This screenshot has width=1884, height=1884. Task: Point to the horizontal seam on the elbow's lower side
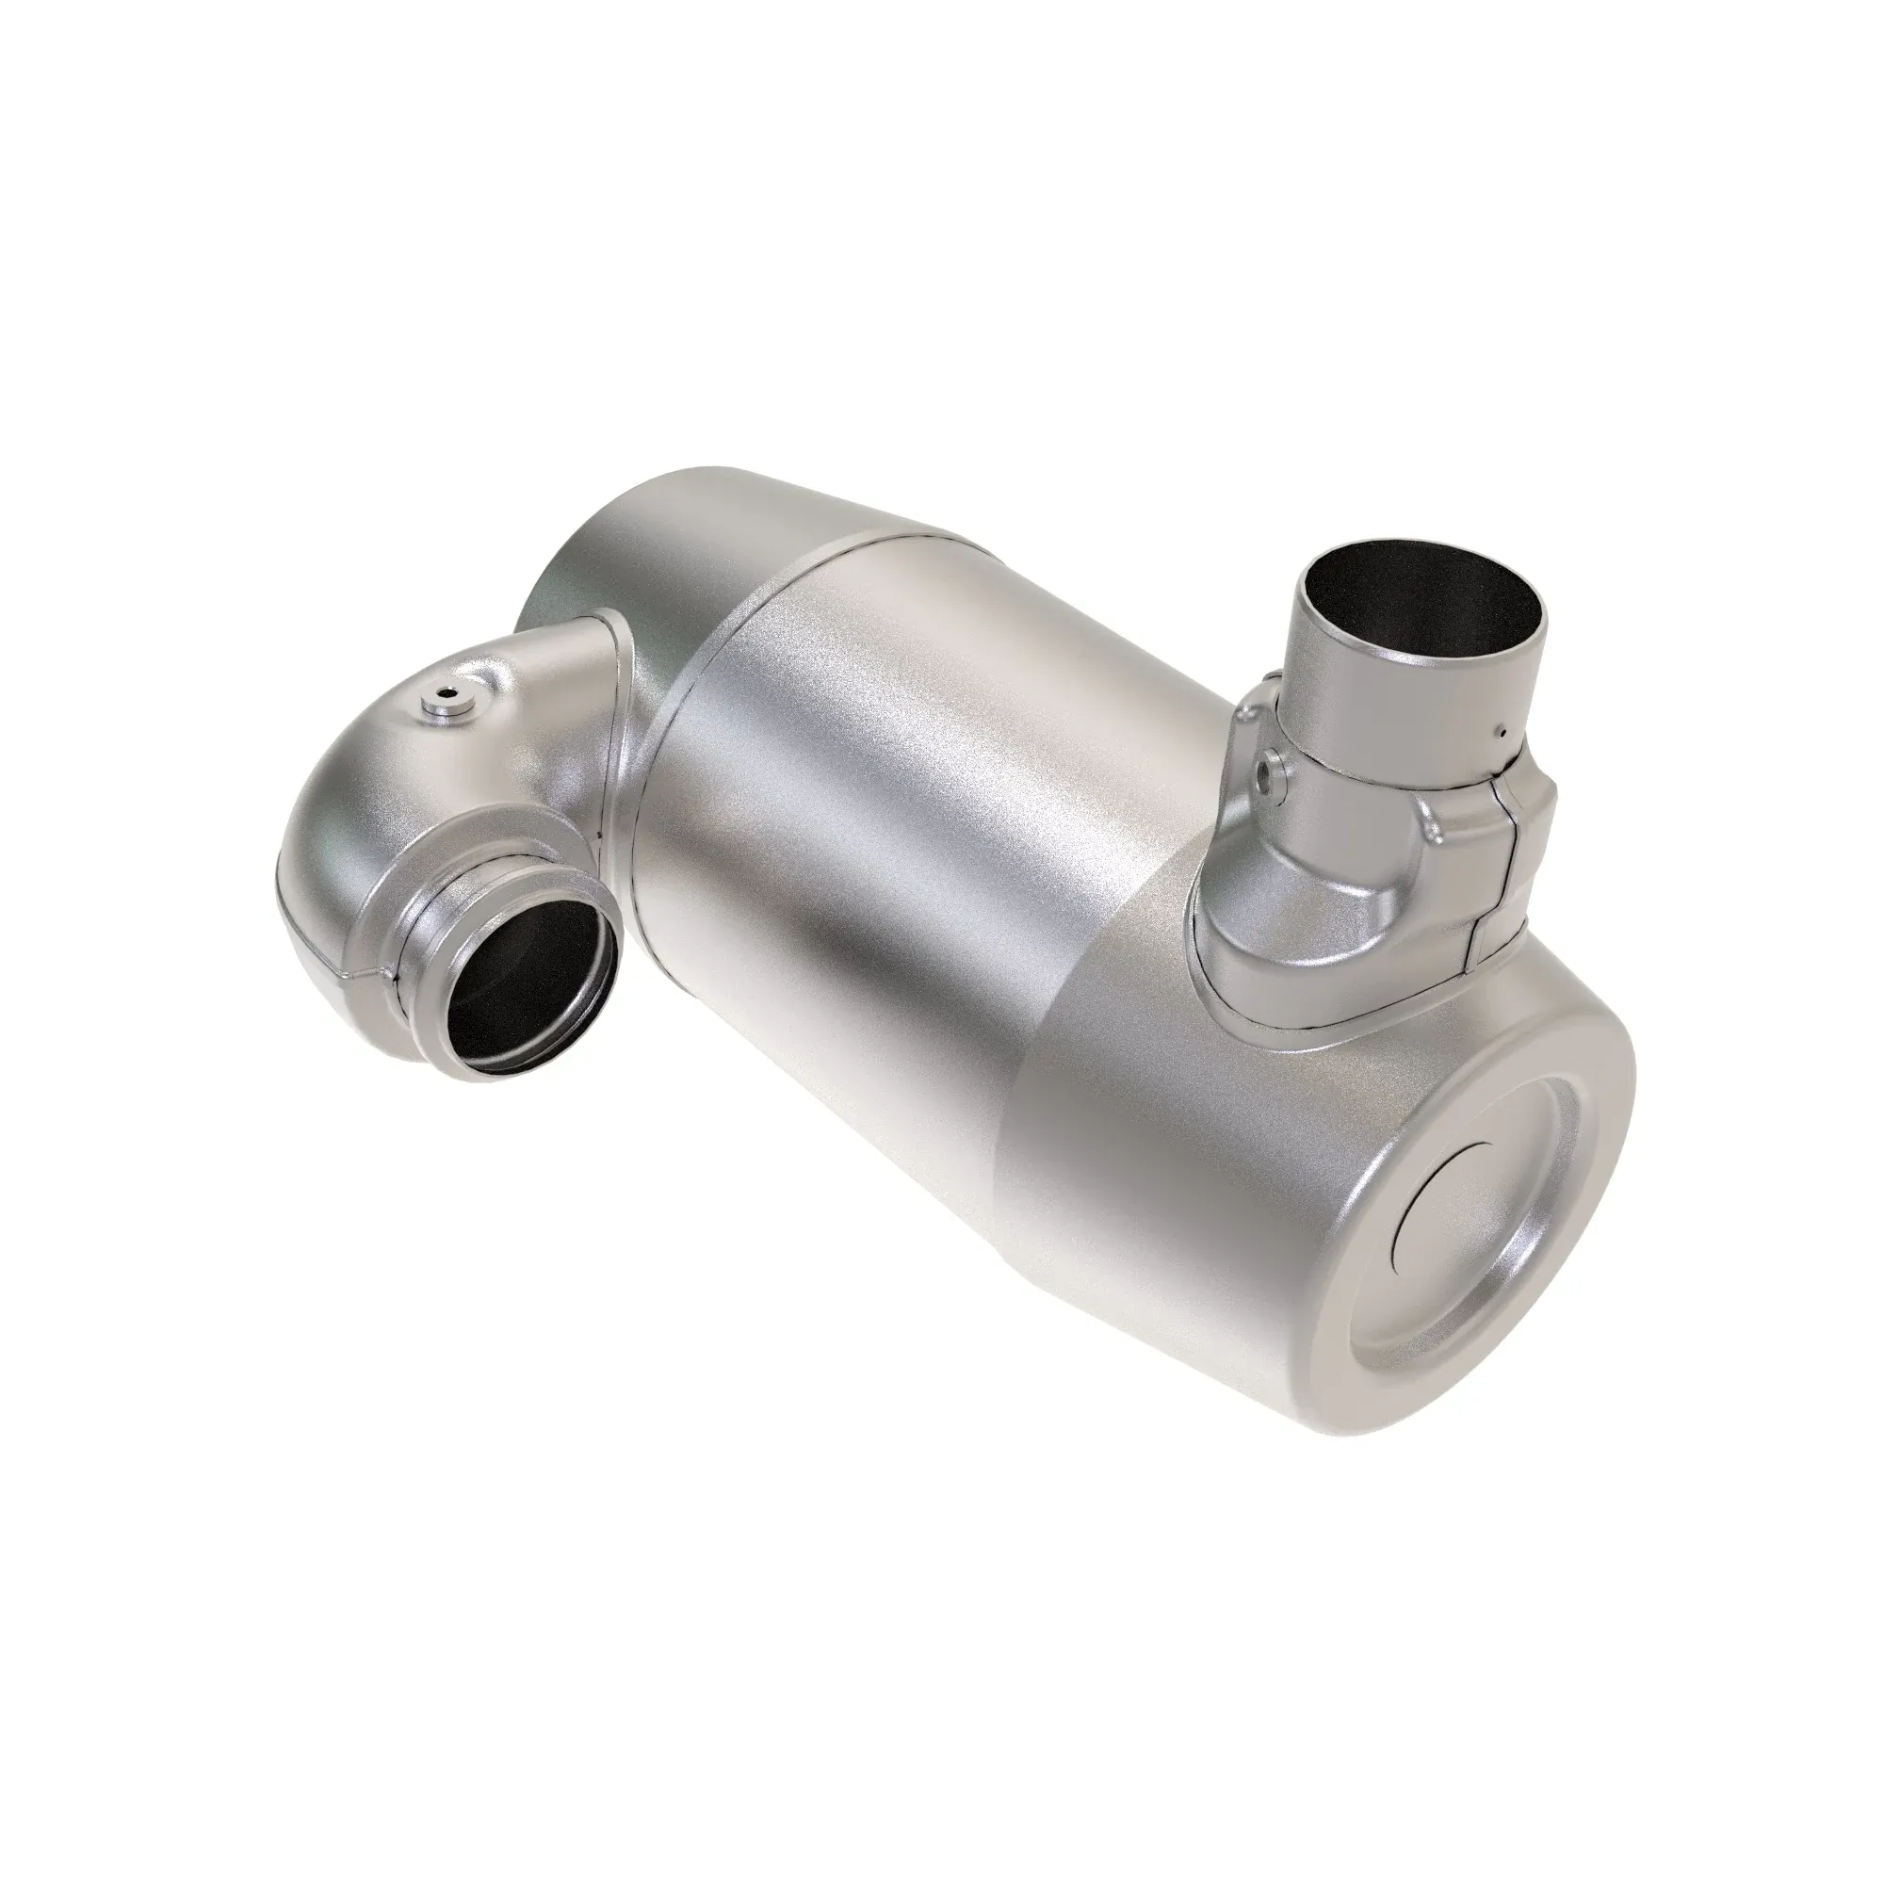point(332,975)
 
